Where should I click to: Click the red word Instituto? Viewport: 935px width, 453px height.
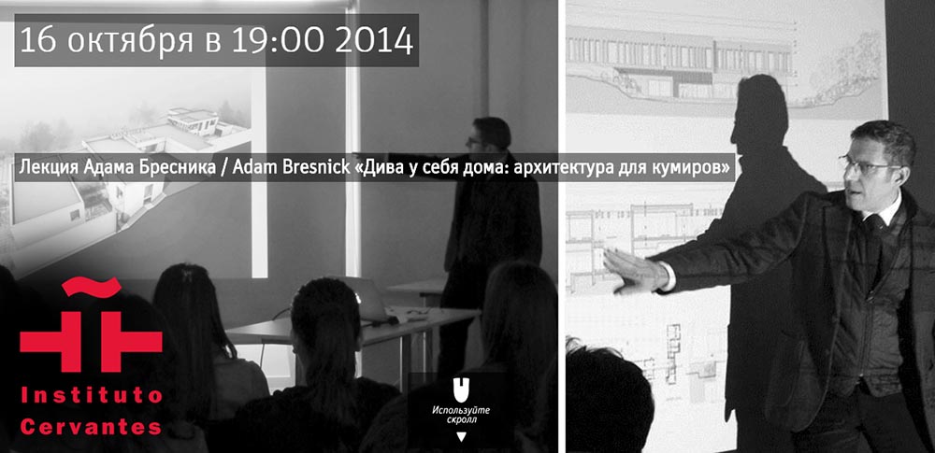[92, 396]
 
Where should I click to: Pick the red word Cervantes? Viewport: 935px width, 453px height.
[92, 427]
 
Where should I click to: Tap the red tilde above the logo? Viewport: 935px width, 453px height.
[92, 286]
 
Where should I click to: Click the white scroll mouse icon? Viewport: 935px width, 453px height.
[457, 389]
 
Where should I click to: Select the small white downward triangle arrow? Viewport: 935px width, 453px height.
[460, 437]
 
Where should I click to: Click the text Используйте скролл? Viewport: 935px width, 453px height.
[457, 415]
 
